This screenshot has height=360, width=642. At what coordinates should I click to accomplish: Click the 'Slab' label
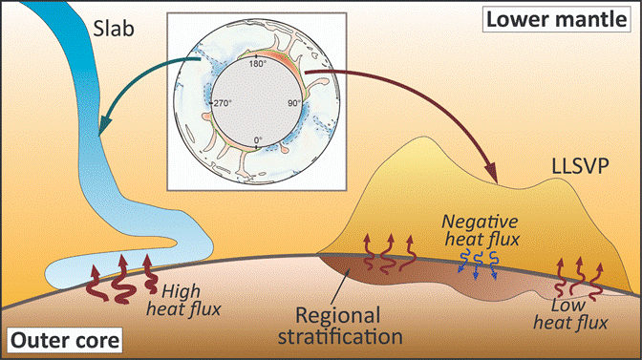point(114,29)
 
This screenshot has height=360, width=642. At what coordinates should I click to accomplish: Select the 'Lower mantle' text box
point(556,19)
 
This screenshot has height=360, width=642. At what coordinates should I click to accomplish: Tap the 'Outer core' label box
point(65,340)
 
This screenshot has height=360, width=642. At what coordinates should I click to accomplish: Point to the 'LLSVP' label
point(580,166)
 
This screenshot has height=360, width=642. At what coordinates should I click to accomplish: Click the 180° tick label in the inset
point(258,64)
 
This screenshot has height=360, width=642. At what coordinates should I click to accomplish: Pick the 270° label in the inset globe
point(223,103)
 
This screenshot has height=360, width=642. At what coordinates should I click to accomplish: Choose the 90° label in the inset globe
point(294,103)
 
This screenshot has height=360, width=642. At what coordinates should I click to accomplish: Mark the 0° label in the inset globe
point(258,140)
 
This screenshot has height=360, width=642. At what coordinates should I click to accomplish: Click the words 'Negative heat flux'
point(481,230)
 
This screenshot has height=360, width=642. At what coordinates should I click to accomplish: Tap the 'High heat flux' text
point(183,301)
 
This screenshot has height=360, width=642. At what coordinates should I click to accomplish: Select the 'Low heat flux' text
point(570,314)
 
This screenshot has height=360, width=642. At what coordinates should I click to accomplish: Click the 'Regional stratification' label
point(340,326)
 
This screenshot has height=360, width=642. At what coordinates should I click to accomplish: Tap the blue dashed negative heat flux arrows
point(477,265)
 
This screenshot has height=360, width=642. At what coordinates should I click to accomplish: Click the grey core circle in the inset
point(257,103)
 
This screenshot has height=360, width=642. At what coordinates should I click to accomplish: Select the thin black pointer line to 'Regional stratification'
point(343,283)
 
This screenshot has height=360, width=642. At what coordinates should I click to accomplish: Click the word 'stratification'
point(340,337)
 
